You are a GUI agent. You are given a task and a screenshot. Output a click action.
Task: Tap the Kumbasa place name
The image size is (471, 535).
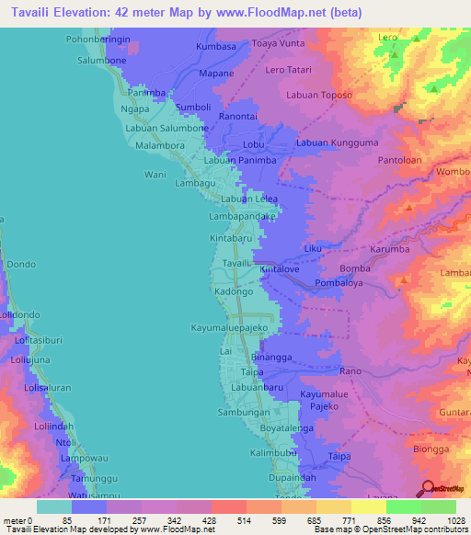click(x=217, y=45)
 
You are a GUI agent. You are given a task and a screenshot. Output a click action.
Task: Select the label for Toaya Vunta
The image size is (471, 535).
click(x=278, y=43)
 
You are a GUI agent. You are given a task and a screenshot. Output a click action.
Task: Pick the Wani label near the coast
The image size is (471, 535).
click(x=155, y=174)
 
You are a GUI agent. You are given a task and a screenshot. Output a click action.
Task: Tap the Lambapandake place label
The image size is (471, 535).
click(x=243, y=216)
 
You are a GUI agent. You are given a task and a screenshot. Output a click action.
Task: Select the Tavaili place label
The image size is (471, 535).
click(x=236, y=263)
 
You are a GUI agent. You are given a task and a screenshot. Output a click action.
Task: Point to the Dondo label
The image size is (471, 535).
click(x=21, y=264)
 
